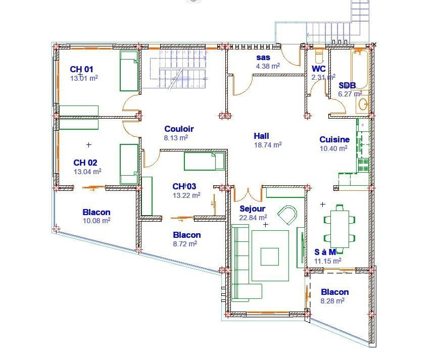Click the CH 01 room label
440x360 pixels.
pyautogui.click(x=81, y=69)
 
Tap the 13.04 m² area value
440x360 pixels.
pyautogui.click(x=87, y=171)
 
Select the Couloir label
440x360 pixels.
pyautogui.click(x=179, y=129)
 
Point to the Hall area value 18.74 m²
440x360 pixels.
pyautogui.click(x=268, y=145)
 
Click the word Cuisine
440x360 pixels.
pyautogui.click(x=334, y=139)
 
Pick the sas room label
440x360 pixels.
pyautogui.click(x=263, y=58)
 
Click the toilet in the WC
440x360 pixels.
pyautogui.click(x=319, y=56)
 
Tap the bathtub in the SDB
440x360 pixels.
pyautogui.click(x=360, y=69)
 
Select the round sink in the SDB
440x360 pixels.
pyautogui.click(x=363, y=104)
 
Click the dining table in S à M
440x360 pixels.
pyautogui.click(x=339, y=229)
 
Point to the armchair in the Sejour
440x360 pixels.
pyautogui.click(x=287, y=215)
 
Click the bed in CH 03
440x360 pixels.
pyautogui.click(x=204, y=161)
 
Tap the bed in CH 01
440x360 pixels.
pyautogui.click(x=129, y=71)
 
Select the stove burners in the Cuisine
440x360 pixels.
pyautogui.click(x=363, y=165)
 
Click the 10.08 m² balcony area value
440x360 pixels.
pyautogui.click(x=96, y=221)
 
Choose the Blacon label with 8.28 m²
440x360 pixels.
pyautogui.click(x=335, y=292)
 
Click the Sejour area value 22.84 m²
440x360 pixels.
pyautogui.click(x=253, y=217)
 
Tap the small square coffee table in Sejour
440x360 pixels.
pyautogui.click(x=270, y=256)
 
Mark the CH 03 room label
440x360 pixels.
pyautogui.click(x=184, y=186)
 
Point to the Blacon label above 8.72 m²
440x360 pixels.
pyautogui.click(x=187, y=235)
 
